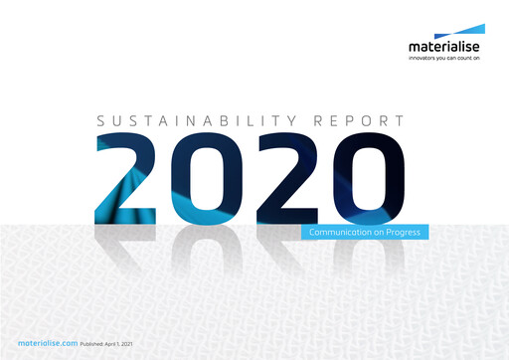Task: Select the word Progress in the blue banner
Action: (402, 233)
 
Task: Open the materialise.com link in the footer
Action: (48, 342)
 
